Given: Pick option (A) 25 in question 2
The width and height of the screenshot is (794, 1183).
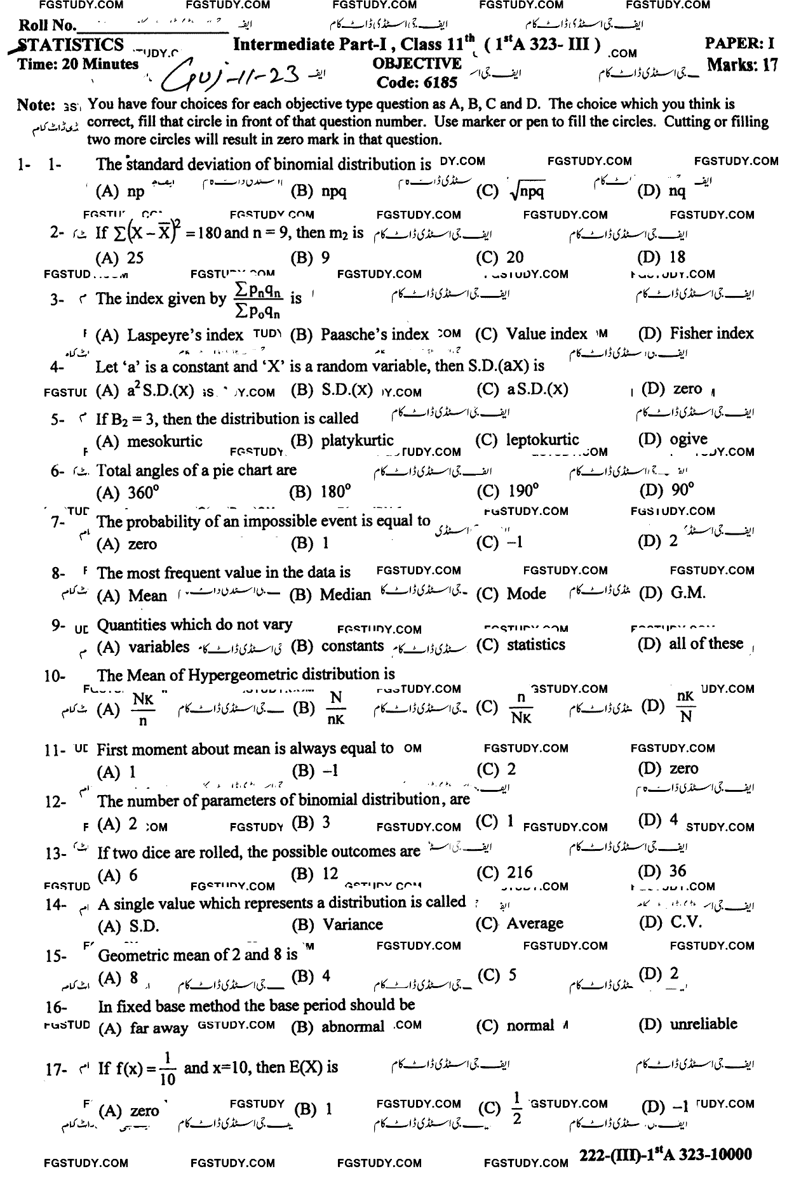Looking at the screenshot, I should coord(120,257).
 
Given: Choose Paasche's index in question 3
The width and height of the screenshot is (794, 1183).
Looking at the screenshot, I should coord(374,334).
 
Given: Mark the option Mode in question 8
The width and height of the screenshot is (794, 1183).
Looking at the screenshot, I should coord(526,594).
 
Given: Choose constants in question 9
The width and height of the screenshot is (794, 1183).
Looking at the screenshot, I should coord(353,646).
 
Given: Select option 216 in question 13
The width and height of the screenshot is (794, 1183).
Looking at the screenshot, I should coord(520,872).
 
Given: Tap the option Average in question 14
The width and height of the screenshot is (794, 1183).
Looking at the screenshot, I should coord(534,923).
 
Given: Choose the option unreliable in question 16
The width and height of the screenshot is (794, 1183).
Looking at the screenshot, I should coord(703,1024).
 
